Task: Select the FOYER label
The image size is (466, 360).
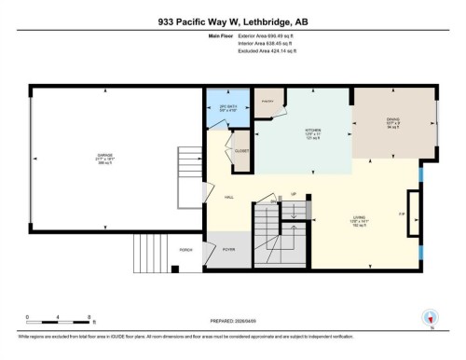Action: [x=228, y=250]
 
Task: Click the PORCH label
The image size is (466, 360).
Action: [x=185, y=250]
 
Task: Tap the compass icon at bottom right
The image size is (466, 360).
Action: [x=430, y=318]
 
